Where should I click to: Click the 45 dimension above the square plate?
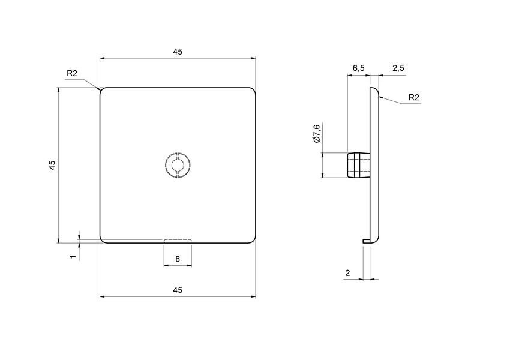pyautogui.click(x=178, y=52)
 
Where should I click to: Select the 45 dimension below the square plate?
pyautogui.click(x=178, y=290)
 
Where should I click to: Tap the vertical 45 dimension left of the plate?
pyautogui.click(x=52, y=165)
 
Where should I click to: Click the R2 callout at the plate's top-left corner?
pyautogui.click(x=72, y=73)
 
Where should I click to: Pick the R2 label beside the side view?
pyautogui.click(x=413, y=97)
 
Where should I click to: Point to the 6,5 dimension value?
pyautogui.click(x=358, y=68)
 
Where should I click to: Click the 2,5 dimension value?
pyautogui.click(x=398, y=68)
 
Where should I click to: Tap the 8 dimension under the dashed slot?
pyautogui.click(x=178, y=259)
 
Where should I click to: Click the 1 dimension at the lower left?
pyautogui.click(x=73, y=256)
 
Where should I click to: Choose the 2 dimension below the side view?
pyautogui.click(x=347, y=273)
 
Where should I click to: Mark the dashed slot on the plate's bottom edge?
pyautogui.click(x=178, y=241)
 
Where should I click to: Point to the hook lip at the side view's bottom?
pyautogui.click(x=366, y=241)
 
